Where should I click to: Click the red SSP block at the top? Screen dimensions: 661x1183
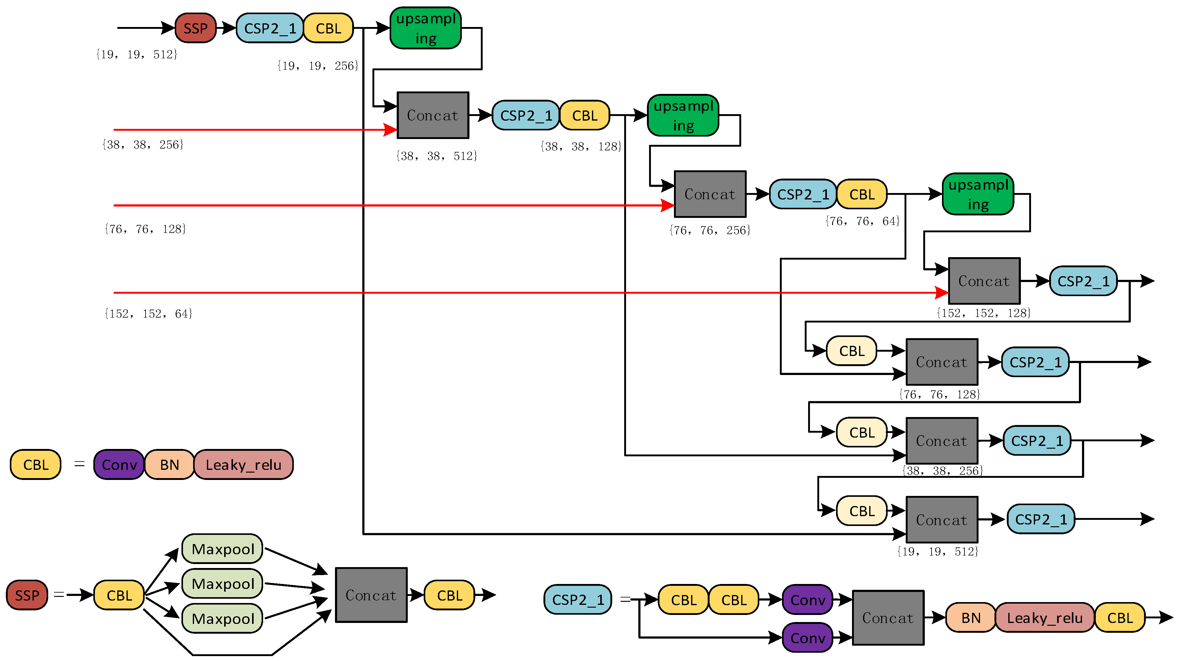tap(195, 28)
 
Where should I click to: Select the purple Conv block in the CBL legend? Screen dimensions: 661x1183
tap(119, 465)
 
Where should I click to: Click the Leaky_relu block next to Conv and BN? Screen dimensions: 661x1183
tap(243, 465)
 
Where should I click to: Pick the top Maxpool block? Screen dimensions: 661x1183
tap(222, 549)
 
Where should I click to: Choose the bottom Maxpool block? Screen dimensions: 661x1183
tap(222, 618)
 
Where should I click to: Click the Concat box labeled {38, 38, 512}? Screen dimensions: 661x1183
tap(433, 115)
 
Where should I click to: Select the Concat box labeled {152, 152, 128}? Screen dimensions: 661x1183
tap(984, 281)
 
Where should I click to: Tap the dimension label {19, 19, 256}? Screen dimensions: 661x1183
tap(318, 66)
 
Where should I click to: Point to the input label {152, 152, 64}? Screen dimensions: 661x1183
tap(148, 314)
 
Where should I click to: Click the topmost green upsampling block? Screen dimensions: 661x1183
tap(426, 28)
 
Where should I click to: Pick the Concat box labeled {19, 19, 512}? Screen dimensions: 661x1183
tap(941, 520)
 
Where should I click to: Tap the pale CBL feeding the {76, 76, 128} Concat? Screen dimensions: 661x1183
tap(851, 351)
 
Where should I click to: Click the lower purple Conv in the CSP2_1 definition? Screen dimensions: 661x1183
tap(807, 638)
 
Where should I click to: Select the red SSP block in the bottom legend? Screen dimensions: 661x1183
tap(27, 595)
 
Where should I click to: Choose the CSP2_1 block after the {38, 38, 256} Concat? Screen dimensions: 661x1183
tap(1037, 441)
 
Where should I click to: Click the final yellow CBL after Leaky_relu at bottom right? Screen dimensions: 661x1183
tap(1120, 618)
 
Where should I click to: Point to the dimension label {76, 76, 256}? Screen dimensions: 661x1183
tap(710, 230)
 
